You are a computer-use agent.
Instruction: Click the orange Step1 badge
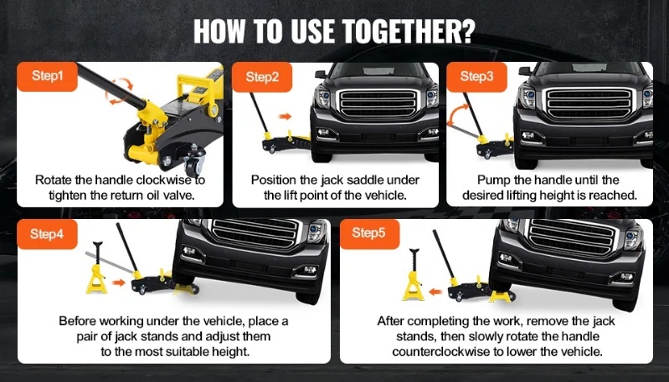pos(48,76)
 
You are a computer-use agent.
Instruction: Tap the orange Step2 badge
pos(262,77)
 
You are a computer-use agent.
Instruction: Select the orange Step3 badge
pos(476,77)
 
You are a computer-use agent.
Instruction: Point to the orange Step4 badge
pos(48,234)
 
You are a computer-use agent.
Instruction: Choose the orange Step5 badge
pos(369,234)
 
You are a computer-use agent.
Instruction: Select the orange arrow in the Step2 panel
pos(285,116)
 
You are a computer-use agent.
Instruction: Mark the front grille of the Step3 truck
pos(589,103)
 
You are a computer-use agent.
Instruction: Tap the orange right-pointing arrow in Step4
pos(119,283)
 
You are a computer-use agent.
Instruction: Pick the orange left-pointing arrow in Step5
pos(435,293)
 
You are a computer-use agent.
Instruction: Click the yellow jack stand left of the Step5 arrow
pos(413,275)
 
